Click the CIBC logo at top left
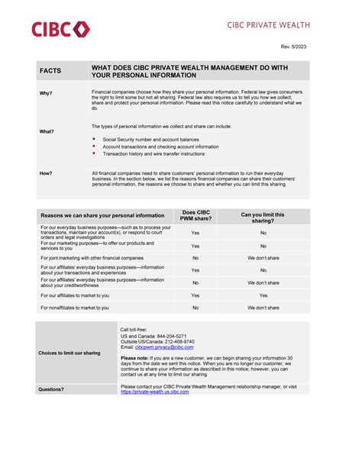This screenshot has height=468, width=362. pos(60,30)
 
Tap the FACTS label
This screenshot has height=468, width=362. pos(50,71)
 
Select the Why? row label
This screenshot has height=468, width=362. pos(46,93)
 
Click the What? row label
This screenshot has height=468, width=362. pos(47,131)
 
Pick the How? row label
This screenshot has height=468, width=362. pos(46,173)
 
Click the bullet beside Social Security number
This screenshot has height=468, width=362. pos(93,139)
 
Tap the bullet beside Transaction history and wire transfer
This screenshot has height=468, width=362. pos(93,153)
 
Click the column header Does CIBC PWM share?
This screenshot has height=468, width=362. pos(196,215)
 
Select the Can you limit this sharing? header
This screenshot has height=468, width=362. pos(263,218)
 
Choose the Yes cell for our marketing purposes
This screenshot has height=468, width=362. pos(196,247)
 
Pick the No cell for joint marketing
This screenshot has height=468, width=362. pos(196,258)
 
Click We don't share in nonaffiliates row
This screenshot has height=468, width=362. pos(263,308)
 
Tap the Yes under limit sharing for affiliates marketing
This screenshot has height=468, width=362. pos(263,295)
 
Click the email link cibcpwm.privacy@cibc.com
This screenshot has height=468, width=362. pos(164,347)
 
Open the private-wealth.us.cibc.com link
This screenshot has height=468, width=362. pos(155,392)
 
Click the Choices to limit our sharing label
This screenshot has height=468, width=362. pos(69,353)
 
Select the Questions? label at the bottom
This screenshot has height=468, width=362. pos(51,389)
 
